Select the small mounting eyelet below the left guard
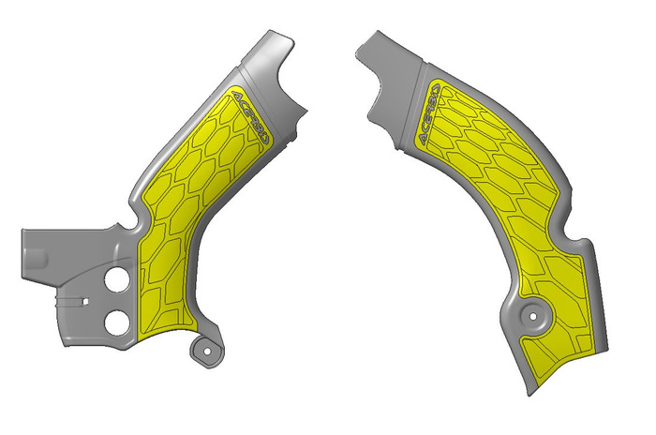pyautogui.click(x=203, y=351)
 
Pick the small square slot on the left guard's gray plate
pyautogui.click(x=82, y=302)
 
